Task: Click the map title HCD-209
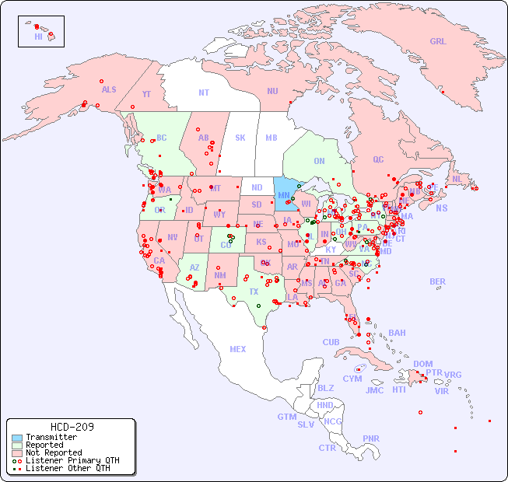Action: pos(72,427)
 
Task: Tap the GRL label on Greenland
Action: pos(438,41)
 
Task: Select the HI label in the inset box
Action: pos(38,37)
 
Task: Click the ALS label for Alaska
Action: pos(109,89)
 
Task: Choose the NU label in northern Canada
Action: pos(272,91)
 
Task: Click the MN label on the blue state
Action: pos(284,194)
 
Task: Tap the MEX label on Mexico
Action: pos(237,349)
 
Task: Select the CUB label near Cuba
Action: pos(331,342)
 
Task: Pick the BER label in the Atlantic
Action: pos(437,281)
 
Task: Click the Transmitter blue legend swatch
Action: pos(16,438)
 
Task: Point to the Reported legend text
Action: pos(44,445)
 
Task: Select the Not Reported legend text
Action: pos(53,452)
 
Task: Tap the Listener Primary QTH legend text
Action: pos(72,460)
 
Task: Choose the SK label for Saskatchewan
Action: pos(240,138)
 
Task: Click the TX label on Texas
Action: pos(254,292)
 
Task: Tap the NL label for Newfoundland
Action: pos(457,178)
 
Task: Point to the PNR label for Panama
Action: pos(371,438)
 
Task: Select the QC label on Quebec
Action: pos(378,159)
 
